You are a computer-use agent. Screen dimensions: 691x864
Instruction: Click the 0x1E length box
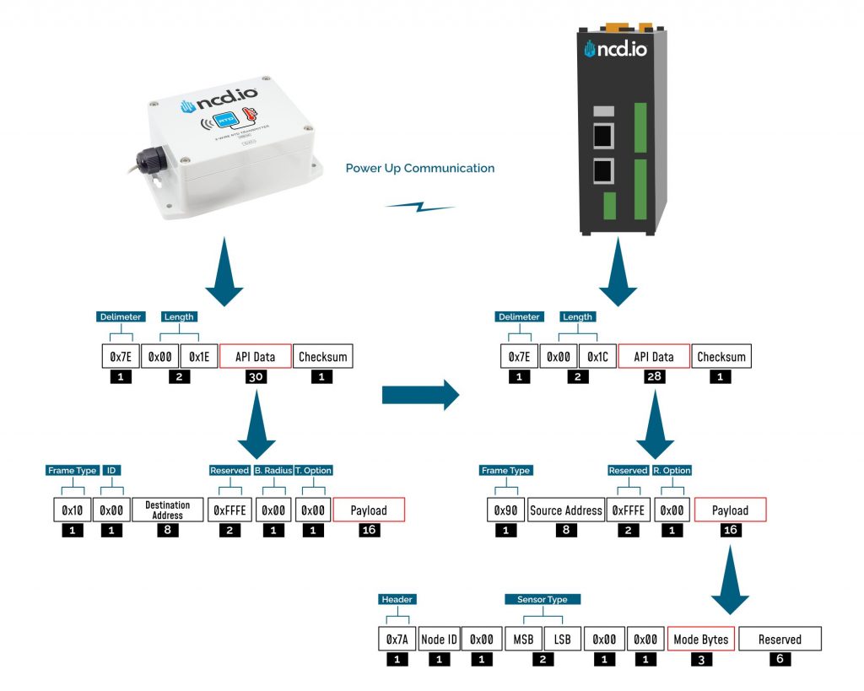[x=200, y=357]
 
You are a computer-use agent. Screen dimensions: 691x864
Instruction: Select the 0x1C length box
[x=598, y=357]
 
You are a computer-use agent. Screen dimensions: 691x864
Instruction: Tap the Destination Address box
[x=167, y=510]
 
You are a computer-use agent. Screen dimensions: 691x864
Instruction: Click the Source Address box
[x=566, y=510]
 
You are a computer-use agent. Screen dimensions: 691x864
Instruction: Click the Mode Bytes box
[x=701, y=640]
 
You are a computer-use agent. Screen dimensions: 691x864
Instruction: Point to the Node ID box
[x=439, y=640]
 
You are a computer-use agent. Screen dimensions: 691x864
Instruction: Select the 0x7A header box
[x=397, y=640]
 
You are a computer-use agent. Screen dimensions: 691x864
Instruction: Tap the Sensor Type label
[x=543, y=599]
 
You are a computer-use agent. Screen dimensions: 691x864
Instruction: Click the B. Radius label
[x=273, y=470]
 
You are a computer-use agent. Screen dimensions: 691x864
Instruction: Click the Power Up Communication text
[x=420, y=168]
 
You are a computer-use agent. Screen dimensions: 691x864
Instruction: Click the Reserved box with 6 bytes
[x=780, y=640]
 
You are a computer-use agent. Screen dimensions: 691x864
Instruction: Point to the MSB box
[x=523, y=640]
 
